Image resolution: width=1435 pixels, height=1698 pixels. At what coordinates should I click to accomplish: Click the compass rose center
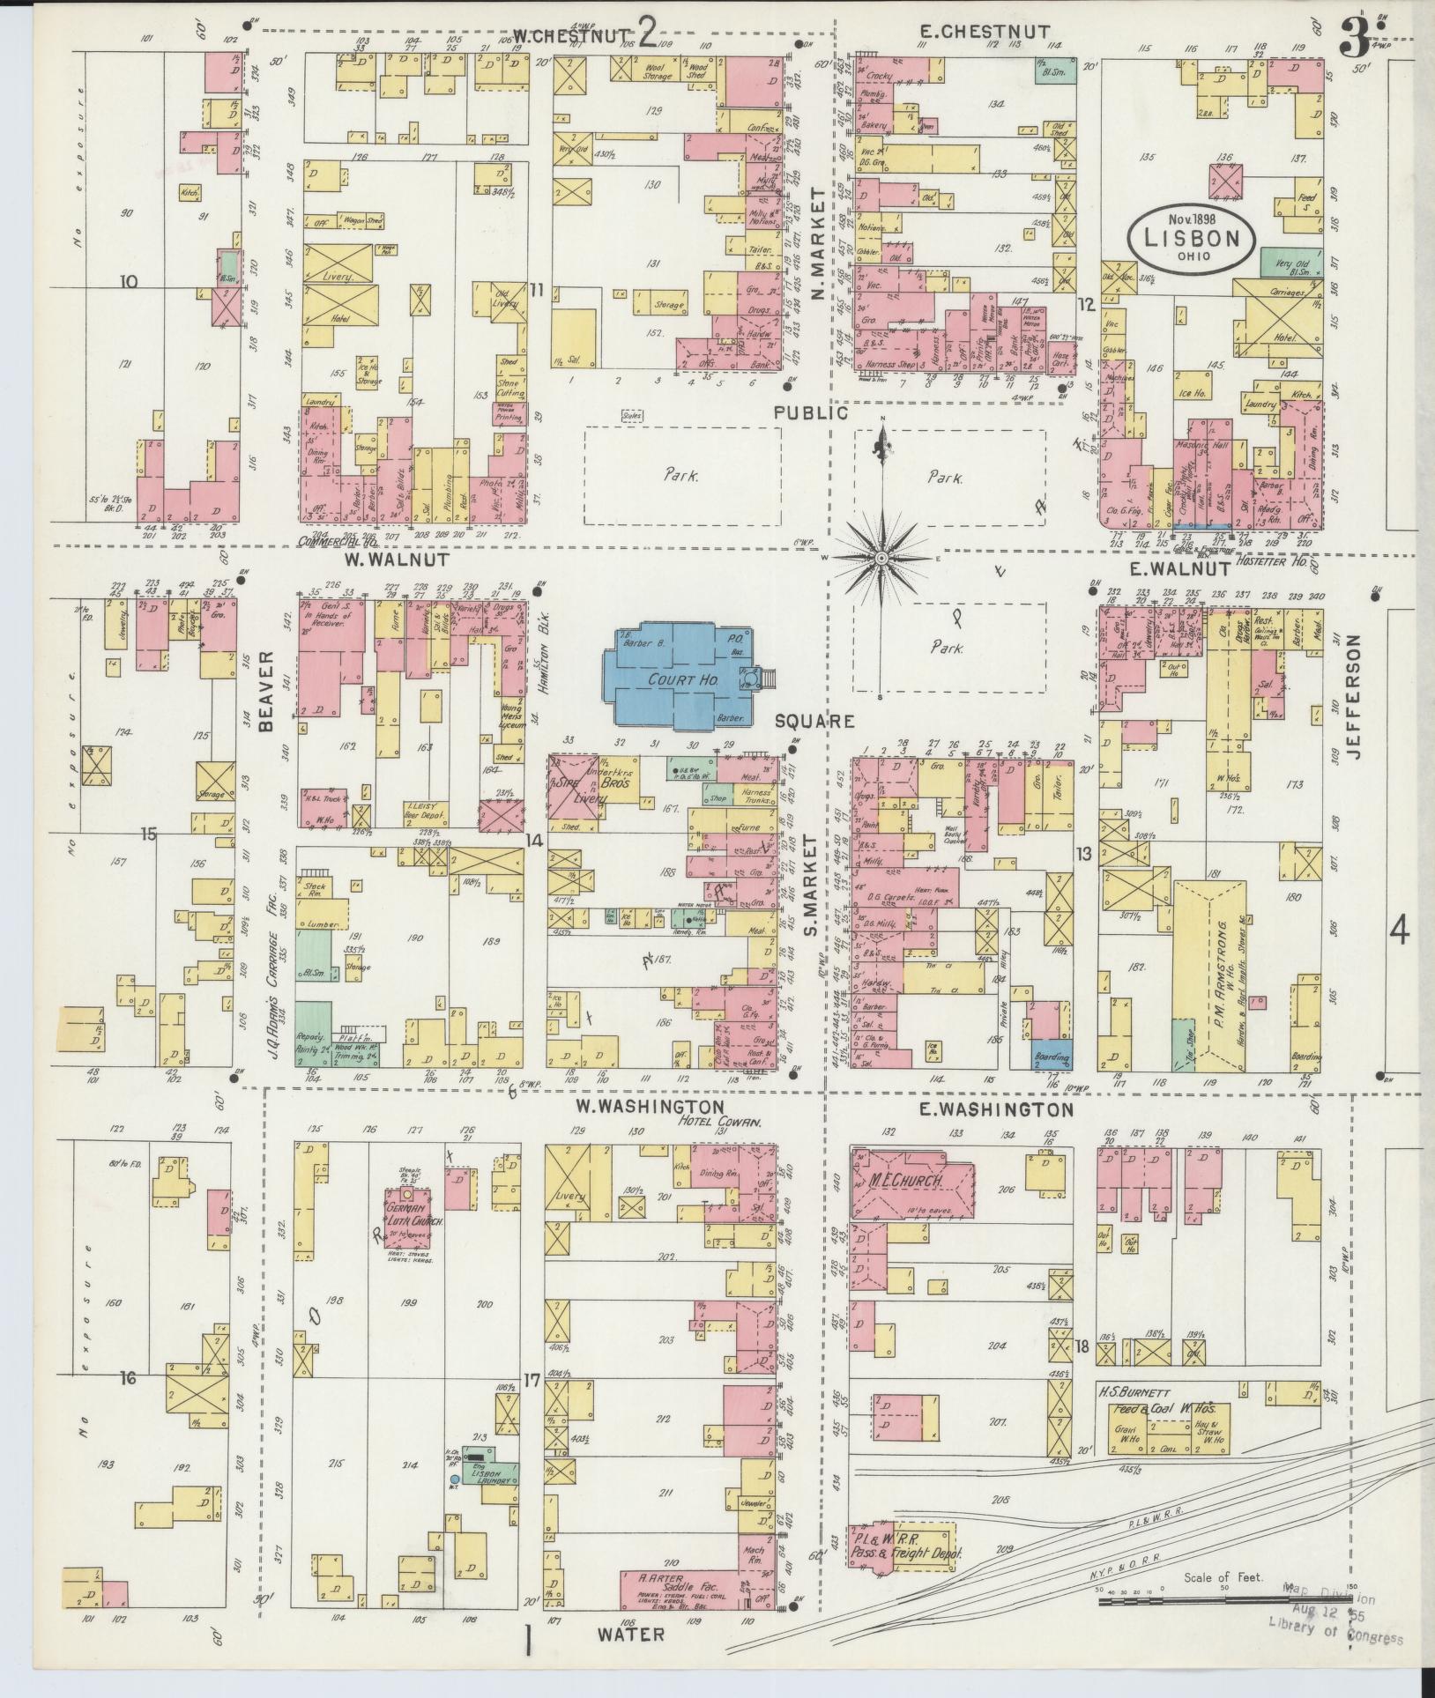(881, 559)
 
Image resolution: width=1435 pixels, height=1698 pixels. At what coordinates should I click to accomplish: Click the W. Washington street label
(651, 1107)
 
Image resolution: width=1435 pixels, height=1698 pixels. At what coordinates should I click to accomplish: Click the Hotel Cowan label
(715, 1122)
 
